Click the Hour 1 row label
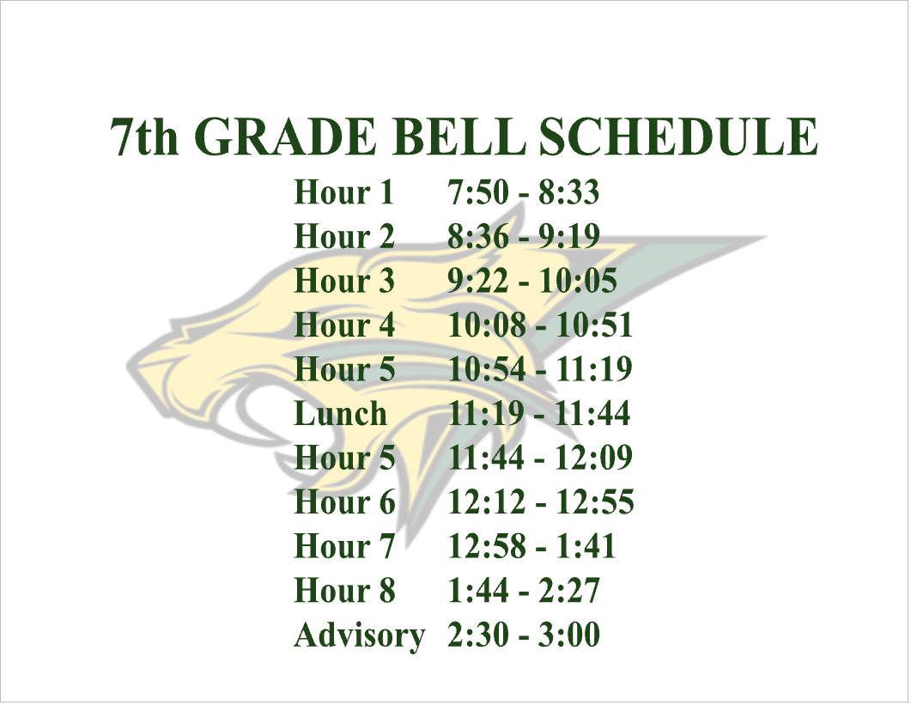(344, 191)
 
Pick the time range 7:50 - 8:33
(524, 191)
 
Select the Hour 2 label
(344, 236)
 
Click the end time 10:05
(578, 280)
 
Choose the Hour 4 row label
(344, 325)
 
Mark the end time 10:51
(594, 325)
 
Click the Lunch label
(341, 413)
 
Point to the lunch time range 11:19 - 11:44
(539, 413)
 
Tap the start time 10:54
(487, 369)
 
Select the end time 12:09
(594, 458)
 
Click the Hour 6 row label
(344, 501)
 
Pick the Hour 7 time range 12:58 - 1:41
(531, 546)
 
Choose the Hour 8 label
(344, 590)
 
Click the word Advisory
(360, 635)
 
